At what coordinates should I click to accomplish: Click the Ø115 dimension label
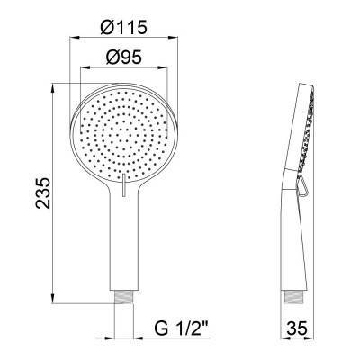coord(123,27)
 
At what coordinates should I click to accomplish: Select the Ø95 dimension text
coord(123,57)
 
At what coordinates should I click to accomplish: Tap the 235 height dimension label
coord(43,193)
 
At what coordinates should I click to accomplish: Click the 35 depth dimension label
coord(297,328)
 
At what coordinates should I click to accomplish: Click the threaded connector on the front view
coord(124,298)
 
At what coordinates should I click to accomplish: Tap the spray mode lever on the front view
coord(123,185)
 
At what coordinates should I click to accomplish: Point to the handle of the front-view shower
coord(124,240)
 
